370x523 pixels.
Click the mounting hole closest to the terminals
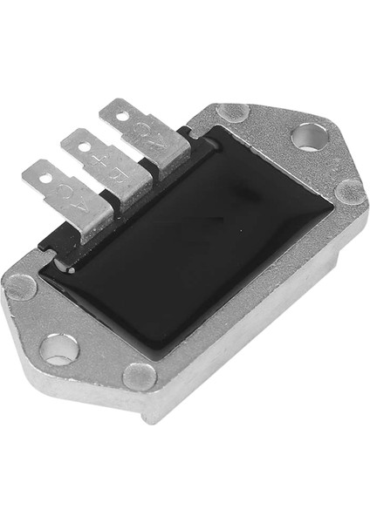pyautogui.click(x=309, y=136)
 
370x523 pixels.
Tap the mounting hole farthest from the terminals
pyautogui.click(x=58, y=349)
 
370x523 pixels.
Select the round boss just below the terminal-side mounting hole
pyautogui.click(x=349, y=193)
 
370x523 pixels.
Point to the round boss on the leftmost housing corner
pyautogui.click(x=21, y=286)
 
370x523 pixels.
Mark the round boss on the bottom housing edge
pyautogui.click(x=140, y=376)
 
